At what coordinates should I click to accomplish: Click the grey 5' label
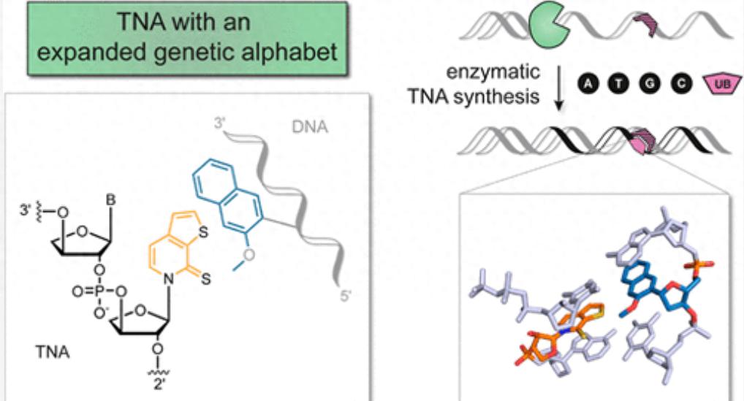342,296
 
